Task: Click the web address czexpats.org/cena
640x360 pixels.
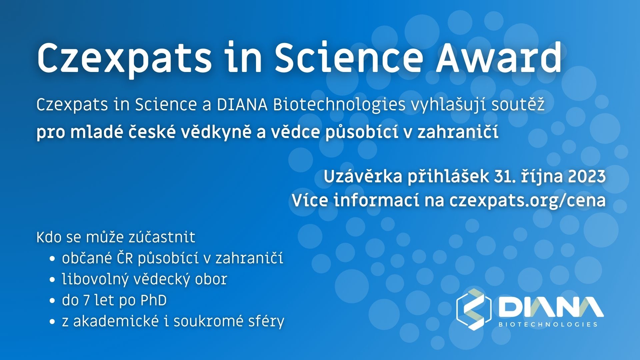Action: tap(527, 201)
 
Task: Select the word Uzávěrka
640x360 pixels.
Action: tap(363, 176)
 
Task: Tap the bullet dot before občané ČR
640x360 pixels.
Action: tap(52, 259)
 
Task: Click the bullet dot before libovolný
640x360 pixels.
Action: tap(52, 280)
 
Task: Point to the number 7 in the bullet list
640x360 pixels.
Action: tap(87, 301)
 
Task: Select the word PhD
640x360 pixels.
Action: tap(153, 301)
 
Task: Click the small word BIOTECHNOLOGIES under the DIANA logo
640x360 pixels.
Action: tap(548, 324)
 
